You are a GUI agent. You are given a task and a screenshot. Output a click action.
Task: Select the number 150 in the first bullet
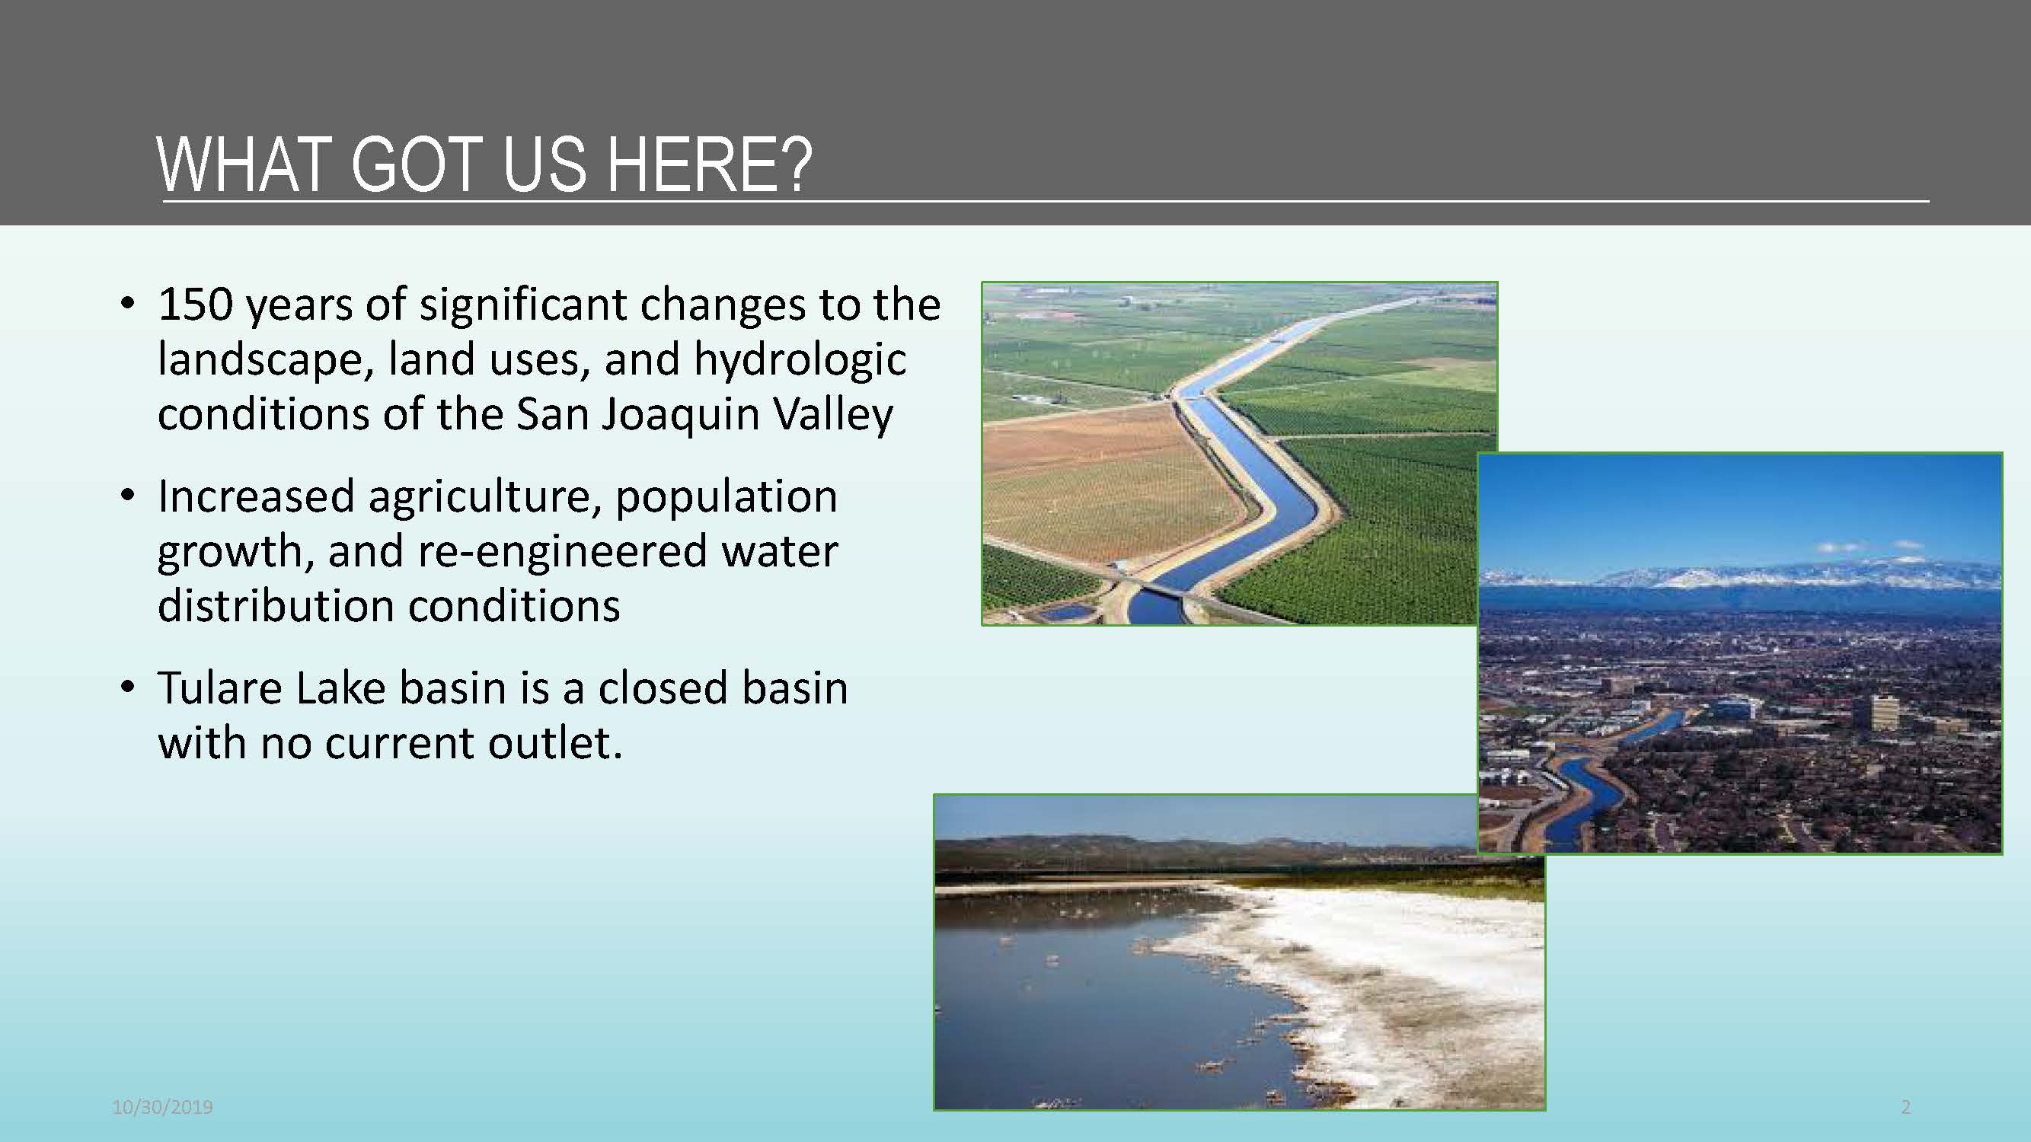196,305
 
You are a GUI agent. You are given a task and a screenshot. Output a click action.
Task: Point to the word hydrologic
800,359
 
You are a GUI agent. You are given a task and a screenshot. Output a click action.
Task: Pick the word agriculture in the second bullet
484,497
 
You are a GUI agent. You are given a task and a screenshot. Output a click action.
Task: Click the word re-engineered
562,551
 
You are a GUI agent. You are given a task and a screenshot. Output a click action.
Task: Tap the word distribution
276,606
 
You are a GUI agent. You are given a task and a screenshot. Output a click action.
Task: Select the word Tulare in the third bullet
220,688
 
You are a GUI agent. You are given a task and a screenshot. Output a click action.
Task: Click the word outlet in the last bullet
549,743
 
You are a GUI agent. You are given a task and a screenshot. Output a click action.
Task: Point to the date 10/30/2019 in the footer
162,1107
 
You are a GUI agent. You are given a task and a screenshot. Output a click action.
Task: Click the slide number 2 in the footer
1906,1107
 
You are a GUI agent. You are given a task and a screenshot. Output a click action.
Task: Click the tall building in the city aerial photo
1884,713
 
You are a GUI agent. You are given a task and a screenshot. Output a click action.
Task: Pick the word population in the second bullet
726,497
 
